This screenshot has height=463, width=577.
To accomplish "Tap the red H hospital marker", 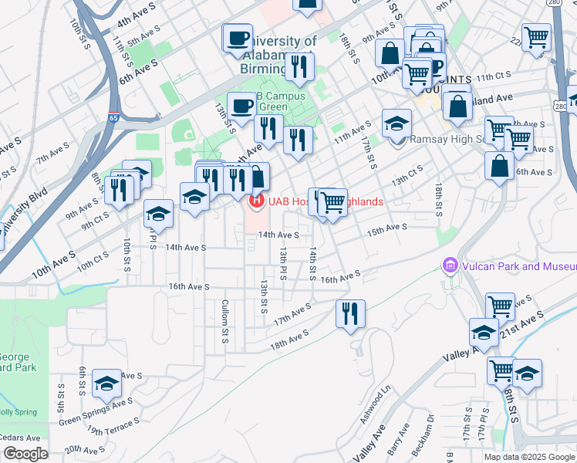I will tap(255, 201).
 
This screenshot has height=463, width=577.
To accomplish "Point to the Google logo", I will tap(25, 454).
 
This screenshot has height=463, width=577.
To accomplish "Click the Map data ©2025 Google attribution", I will tap(530, 457).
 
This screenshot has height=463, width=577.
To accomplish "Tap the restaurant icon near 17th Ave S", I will tap(350, 314).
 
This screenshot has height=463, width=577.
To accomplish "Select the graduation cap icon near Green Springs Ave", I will tap(106, 383).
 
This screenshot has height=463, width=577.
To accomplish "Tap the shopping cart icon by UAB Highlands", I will tap(332, 203).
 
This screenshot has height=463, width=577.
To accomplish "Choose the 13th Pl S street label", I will tap(283, 265).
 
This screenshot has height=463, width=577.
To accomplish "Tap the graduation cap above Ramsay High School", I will tap(397, 123).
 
